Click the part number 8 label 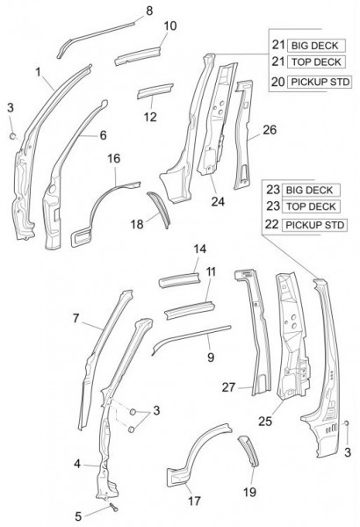tap(149, 11)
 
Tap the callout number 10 tap(170, 25)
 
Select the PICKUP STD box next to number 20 tap(320, 82)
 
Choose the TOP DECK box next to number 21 tap(316, 62)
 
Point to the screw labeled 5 tap(114, 508)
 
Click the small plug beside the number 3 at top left tap(13, 136)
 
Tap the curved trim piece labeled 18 tap(159, 209)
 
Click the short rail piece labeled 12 tap(155, 90)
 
